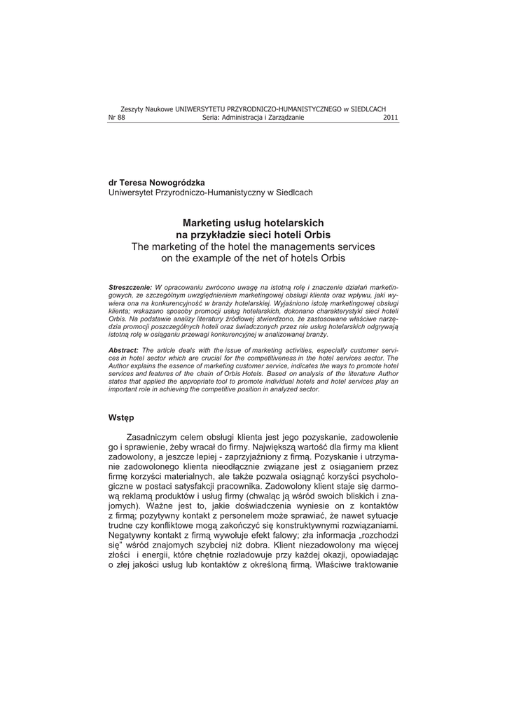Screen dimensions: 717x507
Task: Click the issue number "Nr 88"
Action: coord(116,118)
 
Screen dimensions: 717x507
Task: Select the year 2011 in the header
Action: coord(391,118)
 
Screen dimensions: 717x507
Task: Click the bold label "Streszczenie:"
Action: coord(130,288)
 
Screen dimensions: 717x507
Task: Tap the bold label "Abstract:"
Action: coord(123,349)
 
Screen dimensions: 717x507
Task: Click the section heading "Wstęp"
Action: coord(120,417)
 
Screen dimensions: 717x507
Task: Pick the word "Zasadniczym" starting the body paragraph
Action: coord(167,436)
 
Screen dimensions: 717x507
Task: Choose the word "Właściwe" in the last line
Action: coord(338,566)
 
